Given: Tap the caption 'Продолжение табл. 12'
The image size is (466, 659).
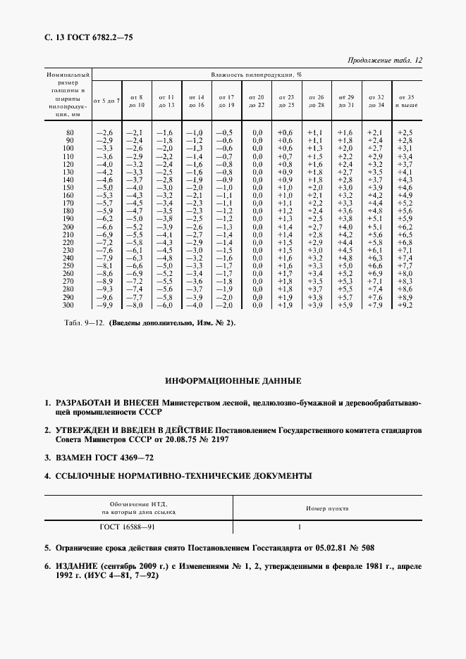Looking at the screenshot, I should [385, 61].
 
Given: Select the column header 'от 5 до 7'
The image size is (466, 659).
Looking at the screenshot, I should [106, 101].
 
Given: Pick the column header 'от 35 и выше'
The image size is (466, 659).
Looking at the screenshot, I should [407, 101].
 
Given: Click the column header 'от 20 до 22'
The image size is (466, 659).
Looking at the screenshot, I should [257, 101].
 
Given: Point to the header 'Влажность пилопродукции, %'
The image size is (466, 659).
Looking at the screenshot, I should [257, 74].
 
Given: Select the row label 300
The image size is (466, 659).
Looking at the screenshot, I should [68, 305].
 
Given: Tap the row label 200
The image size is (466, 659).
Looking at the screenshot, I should [68, 227].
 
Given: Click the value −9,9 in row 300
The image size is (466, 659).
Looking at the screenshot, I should [104, 305].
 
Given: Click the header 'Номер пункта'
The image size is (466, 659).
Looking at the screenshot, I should [326, 508].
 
